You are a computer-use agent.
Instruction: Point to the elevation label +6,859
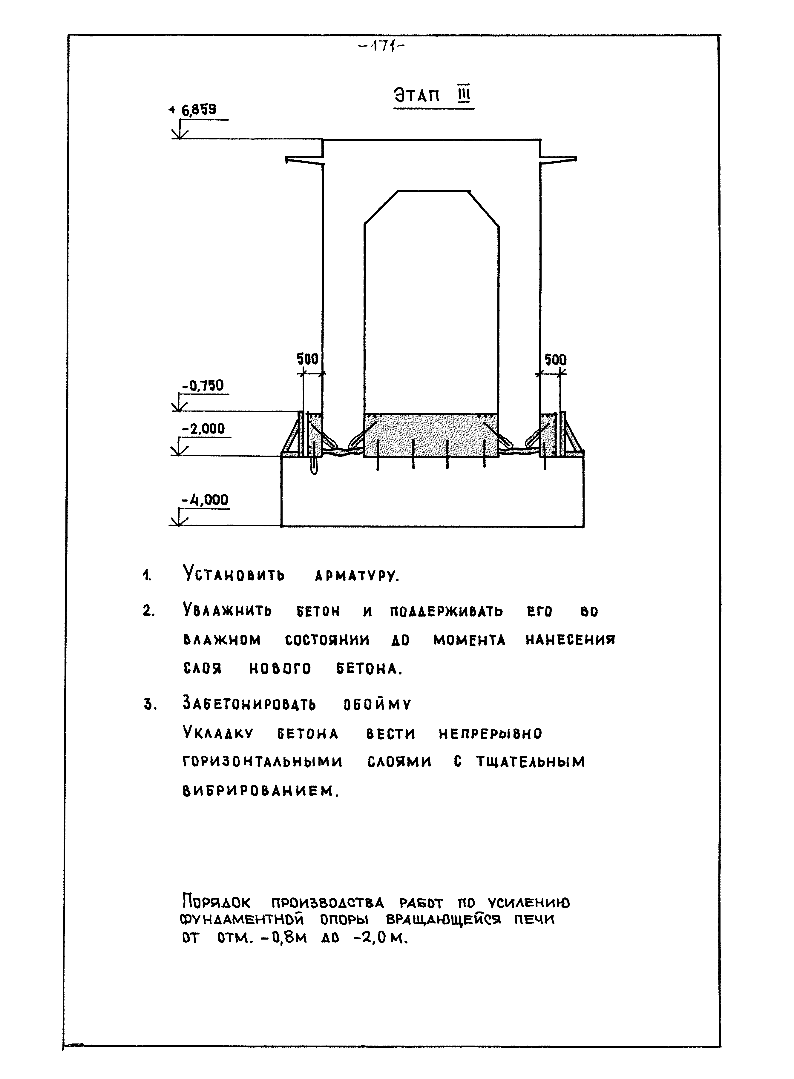pos(198,110)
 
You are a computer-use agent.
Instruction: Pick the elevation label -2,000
pos(203,428)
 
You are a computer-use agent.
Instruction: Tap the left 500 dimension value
pos(308,359)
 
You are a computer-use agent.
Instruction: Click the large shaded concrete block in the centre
pos(431,435)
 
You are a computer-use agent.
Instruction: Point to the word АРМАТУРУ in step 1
pos(357,576)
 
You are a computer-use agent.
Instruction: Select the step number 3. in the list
pos(151,705)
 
